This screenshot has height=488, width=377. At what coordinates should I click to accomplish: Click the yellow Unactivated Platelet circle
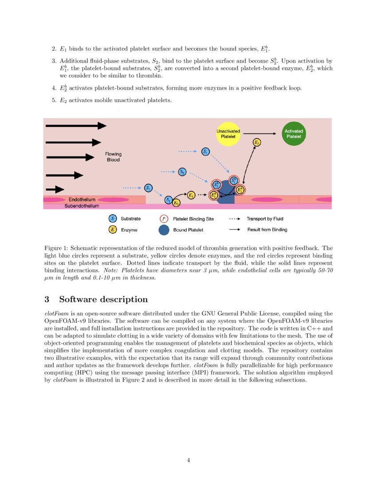click(228, 134)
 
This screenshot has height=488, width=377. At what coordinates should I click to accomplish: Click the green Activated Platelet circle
click(293, 134)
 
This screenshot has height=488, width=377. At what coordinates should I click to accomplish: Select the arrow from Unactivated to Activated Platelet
click(261, 133)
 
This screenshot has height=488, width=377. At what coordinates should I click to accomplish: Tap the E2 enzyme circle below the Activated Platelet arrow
click(257, 142)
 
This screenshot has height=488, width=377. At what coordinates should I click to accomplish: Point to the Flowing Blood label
click(113, 157)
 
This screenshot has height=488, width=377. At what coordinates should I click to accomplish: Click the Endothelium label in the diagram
click(82, 200)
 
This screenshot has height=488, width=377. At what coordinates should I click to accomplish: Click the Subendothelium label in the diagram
click(82, 206)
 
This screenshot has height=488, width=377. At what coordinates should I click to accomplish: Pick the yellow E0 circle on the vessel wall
click(176, 203)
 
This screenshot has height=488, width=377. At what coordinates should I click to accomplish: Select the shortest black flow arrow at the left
click(55, 189)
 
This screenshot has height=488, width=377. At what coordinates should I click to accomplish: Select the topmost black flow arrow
click(76, 126)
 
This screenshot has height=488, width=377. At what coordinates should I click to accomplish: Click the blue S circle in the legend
click(113, 219)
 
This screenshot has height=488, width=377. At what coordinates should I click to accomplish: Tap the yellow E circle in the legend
click(113, 230)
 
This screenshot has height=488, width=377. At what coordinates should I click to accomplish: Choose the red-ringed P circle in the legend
click(164, 219)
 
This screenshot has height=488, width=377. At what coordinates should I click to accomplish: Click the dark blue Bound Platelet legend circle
click(164, 230)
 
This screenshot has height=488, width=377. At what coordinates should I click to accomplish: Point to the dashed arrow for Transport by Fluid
click(235, 219)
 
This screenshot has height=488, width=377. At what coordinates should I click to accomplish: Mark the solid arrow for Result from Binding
click(235, 230)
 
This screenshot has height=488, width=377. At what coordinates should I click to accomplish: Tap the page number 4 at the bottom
click(188, 460)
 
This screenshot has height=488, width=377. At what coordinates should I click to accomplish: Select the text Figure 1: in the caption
click(56, 248)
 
